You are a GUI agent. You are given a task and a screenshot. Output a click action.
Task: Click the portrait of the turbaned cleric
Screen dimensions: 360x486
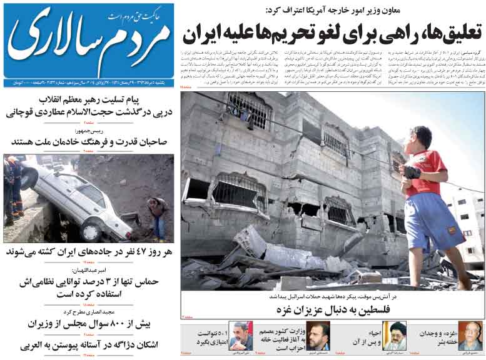point(394,335)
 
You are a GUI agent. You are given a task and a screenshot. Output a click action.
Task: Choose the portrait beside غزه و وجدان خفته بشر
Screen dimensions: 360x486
point(470,335)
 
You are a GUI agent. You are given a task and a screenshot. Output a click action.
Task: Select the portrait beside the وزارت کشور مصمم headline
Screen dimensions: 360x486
point(318,336)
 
